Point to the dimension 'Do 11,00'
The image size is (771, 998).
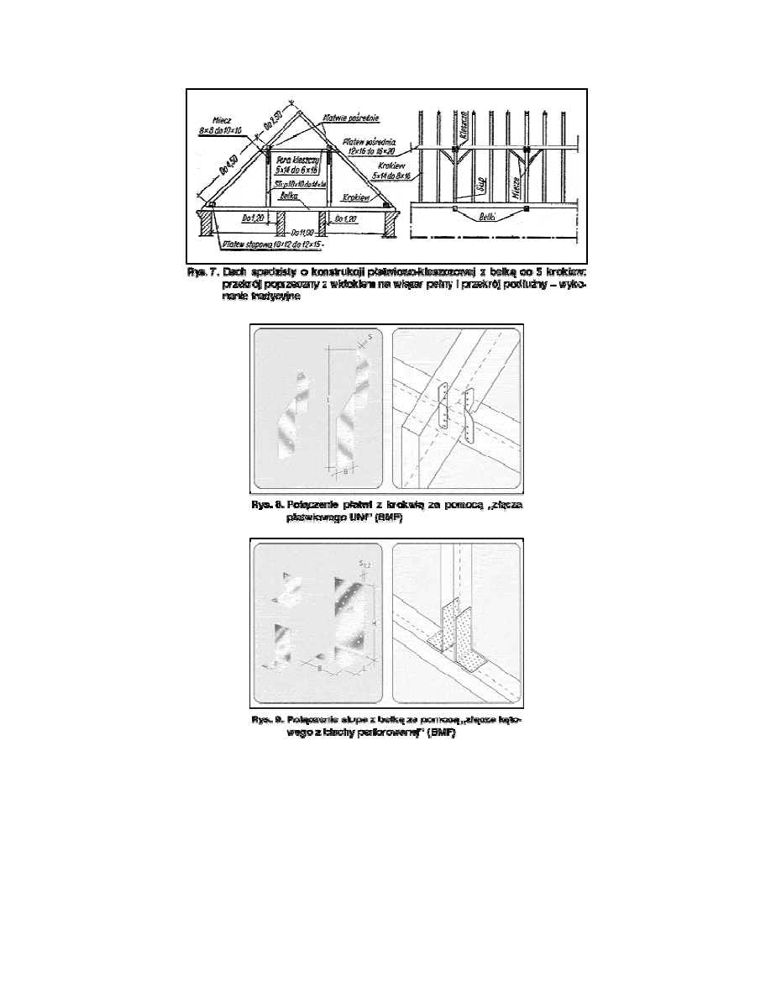tap(298, 231)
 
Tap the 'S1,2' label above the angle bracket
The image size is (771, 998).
tap(365, 564)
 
